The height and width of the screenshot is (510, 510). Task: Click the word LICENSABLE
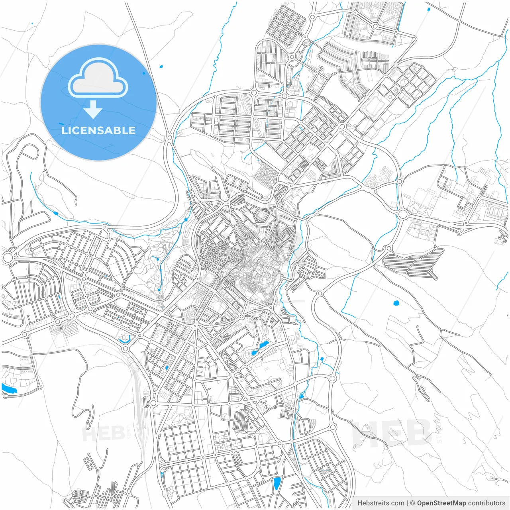pyautogui.click(x=98, y=130)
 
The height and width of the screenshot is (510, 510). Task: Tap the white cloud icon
pyautogui.click(x=98, y=79)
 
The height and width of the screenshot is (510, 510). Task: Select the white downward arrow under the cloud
pyautogui.click(x=93, y=110)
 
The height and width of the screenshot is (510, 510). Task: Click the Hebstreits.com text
pyautogui.click(x=381, y=503)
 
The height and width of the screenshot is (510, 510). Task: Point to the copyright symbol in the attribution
pyautogui.click(x=413, y=503)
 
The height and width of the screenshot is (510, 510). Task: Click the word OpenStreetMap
pyautogui.click(x=441, y=503)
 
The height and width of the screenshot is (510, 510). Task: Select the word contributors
pyautogui.click(x=486, y=503)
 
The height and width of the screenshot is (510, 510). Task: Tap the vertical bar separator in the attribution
pyautogui.click(x=407, y=503)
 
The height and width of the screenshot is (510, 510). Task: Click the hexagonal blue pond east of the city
pyautogui.click(x=396, y=303)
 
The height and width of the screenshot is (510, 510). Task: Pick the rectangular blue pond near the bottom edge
pyautogui.click(x=277, y=483)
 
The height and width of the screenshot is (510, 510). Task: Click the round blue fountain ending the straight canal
pyautogui.click(x=159, y=290)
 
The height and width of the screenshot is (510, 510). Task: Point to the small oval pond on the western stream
pyautogui.click(x=55, y=213)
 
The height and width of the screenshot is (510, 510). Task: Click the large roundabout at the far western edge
pyautogui.click(x=8, y=257)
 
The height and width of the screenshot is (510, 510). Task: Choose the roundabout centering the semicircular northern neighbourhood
pyautogui.click(x=375, y=26)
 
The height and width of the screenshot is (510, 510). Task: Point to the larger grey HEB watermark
pyautogui.click(x=392, y=433)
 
